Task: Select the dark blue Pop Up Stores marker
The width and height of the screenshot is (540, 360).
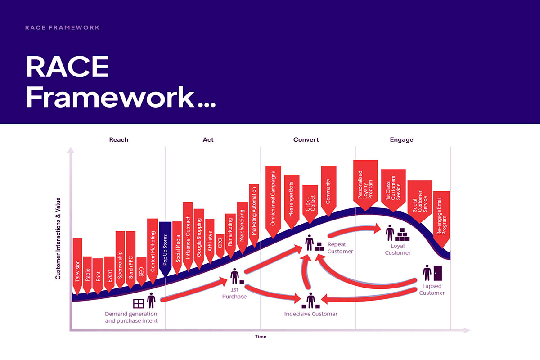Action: tap(165, 249)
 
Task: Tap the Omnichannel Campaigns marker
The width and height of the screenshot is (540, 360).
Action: tap(273, 202)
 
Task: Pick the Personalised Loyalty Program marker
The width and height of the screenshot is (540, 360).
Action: tap(365, 185)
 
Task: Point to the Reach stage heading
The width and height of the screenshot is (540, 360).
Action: tap(119, 139)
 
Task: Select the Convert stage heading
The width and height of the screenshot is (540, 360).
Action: tap(306, 139)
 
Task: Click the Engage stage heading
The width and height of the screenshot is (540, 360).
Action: tap(401, 140)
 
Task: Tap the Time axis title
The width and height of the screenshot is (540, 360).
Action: tap(261, 336)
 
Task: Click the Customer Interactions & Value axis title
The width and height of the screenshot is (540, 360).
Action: tap(58, 238)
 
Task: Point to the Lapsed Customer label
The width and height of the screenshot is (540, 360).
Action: tap(432, 289)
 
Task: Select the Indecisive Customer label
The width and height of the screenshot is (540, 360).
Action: tap(311, 314)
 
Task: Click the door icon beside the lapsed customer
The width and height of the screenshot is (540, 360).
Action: tap(438, 273)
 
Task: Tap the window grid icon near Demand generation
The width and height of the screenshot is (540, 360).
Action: tap(139, 304)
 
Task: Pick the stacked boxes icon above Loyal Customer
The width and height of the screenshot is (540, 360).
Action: tap(402, 234)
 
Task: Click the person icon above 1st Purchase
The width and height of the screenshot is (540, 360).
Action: tap(234, 276)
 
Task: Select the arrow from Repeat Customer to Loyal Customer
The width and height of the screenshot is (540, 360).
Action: tap(354, 230)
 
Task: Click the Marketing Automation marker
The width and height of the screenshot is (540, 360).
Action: tap(254, 215)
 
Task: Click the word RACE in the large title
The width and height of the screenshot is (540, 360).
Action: tap(67, 67)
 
